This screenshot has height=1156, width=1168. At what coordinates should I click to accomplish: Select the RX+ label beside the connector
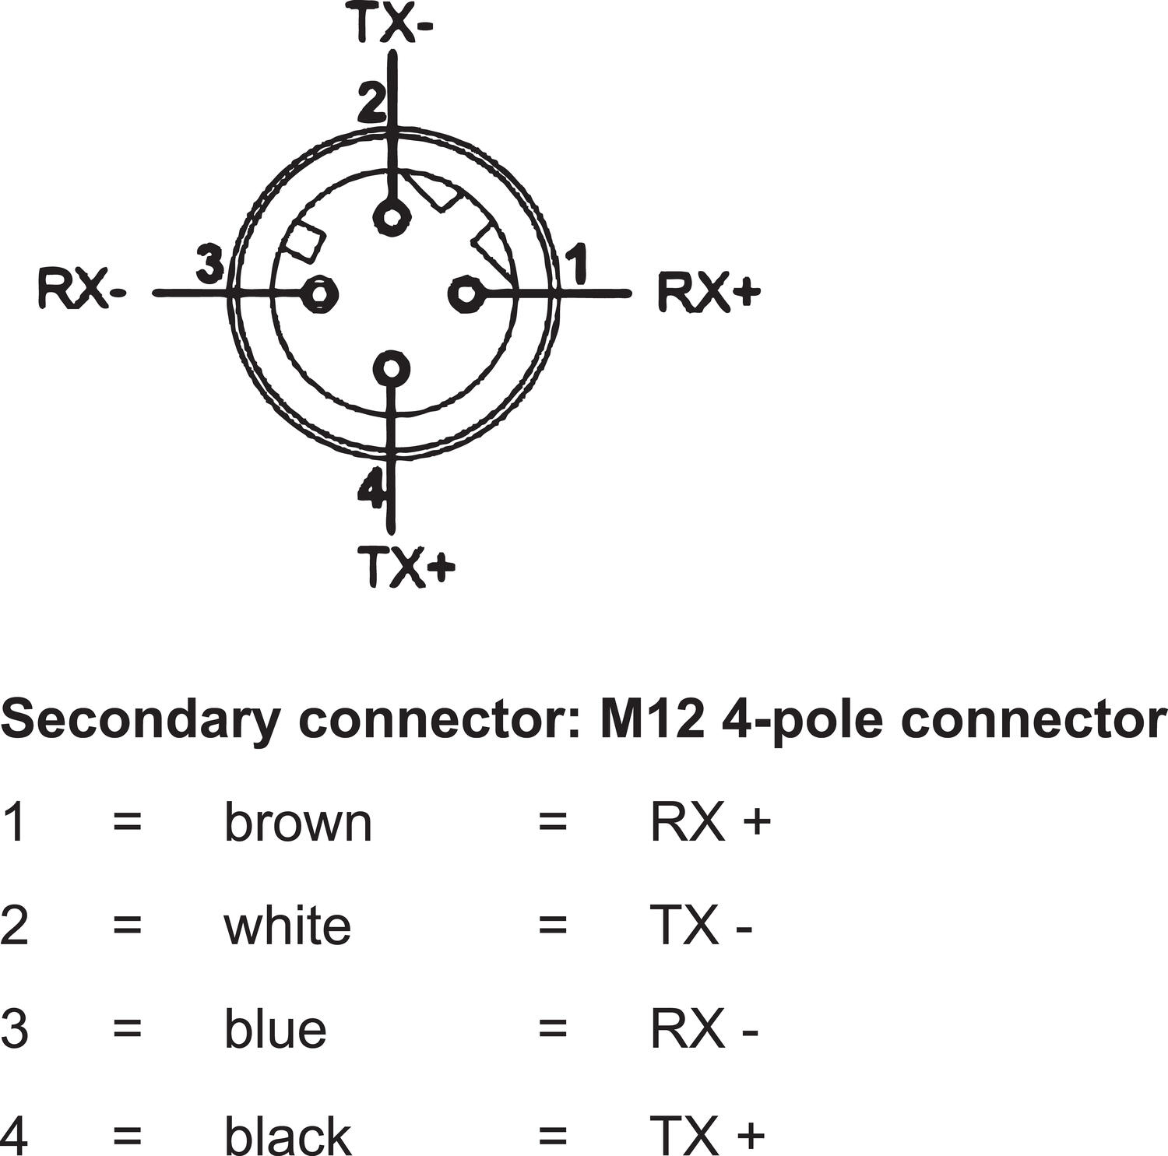click(708, 292)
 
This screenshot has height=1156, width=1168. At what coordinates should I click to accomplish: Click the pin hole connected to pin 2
click(391, 216)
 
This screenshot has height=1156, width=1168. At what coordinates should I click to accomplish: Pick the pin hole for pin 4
click(391, 368)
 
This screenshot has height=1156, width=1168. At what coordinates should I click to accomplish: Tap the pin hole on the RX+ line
click(466, 293)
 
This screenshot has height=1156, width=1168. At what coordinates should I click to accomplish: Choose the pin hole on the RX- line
click(319, 293)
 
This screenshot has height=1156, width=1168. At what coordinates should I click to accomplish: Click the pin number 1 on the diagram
click(577, 265)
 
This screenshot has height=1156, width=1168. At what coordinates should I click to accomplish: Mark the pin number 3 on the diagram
click(209, 265)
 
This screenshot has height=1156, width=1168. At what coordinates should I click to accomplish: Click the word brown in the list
click(298, 822)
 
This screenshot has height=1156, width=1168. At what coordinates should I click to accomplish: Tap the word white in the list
click(287, 925)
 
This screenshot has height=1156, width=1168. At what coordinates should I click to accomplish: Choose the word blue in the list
click(275, 1028)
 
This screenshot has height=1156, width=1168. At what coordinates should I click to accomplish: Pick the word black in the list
click(287, 1133)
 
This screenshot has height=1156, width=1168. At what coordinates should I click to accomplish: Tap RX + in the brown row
click(709, 822)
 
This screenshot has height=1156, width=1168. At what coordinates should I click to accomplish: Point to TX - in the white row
click(701, 925)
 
